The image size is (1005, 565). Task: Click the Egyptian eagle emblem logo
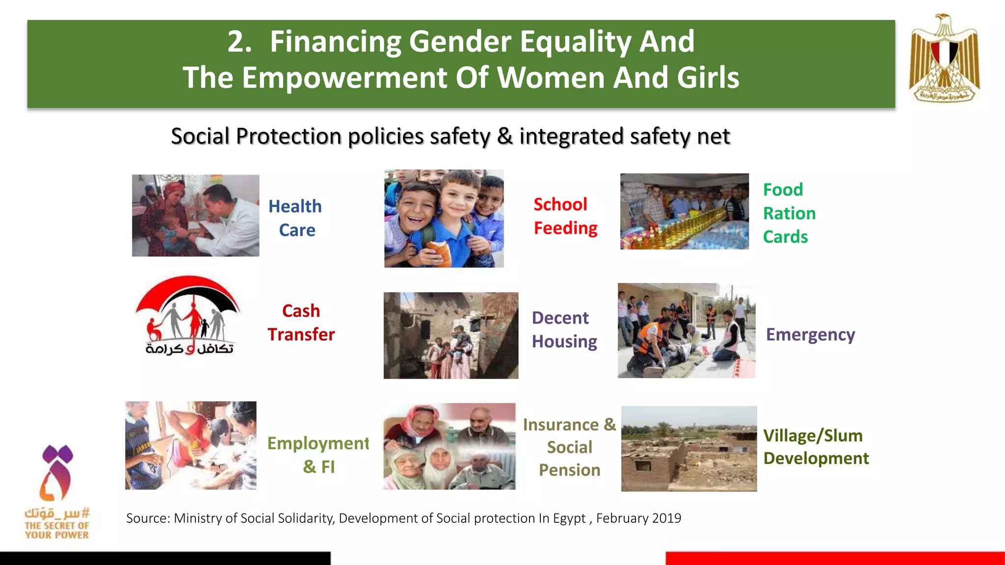(944, 58)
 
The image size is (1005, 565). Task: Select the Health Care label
(295, 218)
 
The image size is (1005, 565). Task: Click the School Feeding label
(565, 216)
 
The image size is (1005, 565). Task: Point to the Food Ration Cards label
(789, 213)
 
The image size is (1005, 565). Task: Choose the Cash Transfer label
(301, 323)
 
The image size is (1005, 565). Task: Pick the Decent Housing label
(564, 330)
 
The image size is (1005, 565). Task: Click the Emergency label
(810, 334)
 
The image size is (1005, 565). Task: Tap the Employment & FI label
(318, 455)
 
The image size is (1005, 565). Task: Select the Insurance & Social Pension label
(569, 447)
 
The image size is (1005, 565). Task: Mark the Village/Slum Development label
(816, 447)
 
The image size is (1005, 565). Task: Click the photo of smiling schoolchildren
(444, 219)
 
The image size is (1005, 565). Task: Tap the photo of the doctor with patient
(195, 215)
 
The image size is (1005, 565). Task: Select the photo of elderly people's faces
(449, 446)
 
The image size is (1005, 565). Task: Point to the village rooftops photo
(688, 449)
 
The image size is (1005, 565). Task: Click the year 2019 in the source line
(666, 518)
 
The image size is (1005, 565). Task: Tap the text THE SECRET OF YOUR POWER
(57, 530)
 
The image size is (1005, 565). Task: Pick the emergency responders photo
(686, 331)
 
